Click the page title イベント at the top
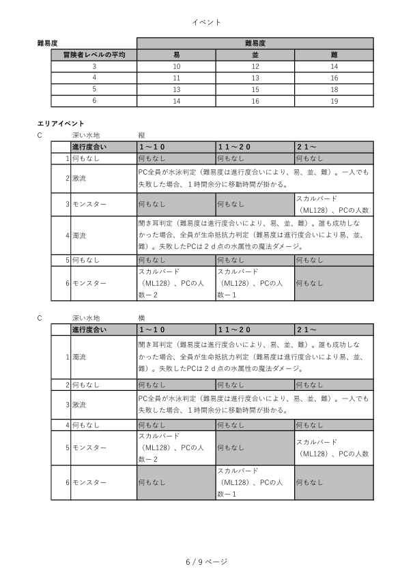click(207, 23)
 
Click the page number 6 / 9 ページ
click(207, 561)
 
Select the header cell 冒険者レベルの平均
click(94, 55)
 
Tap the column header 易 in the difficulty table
click(176, 55)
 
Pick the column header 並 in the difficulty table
click(255, 55)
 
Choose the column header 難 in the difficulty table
click(334, 55)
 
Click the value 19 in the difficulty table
click(334, 101)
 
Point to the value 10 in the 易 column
click(176, 66)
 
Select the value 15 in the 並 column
click(255, 89)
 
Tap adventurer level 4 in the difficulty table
click(94, 78)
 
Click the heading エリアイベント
click(60, 123)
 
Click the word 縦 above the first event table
click(141, 135)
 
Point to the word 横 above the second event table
click(141, 318)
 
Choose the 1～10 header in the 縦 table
click(152, 147)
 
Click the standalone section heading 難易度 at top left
click(47, 43)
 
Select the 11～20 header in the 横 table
click(235, 329)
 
